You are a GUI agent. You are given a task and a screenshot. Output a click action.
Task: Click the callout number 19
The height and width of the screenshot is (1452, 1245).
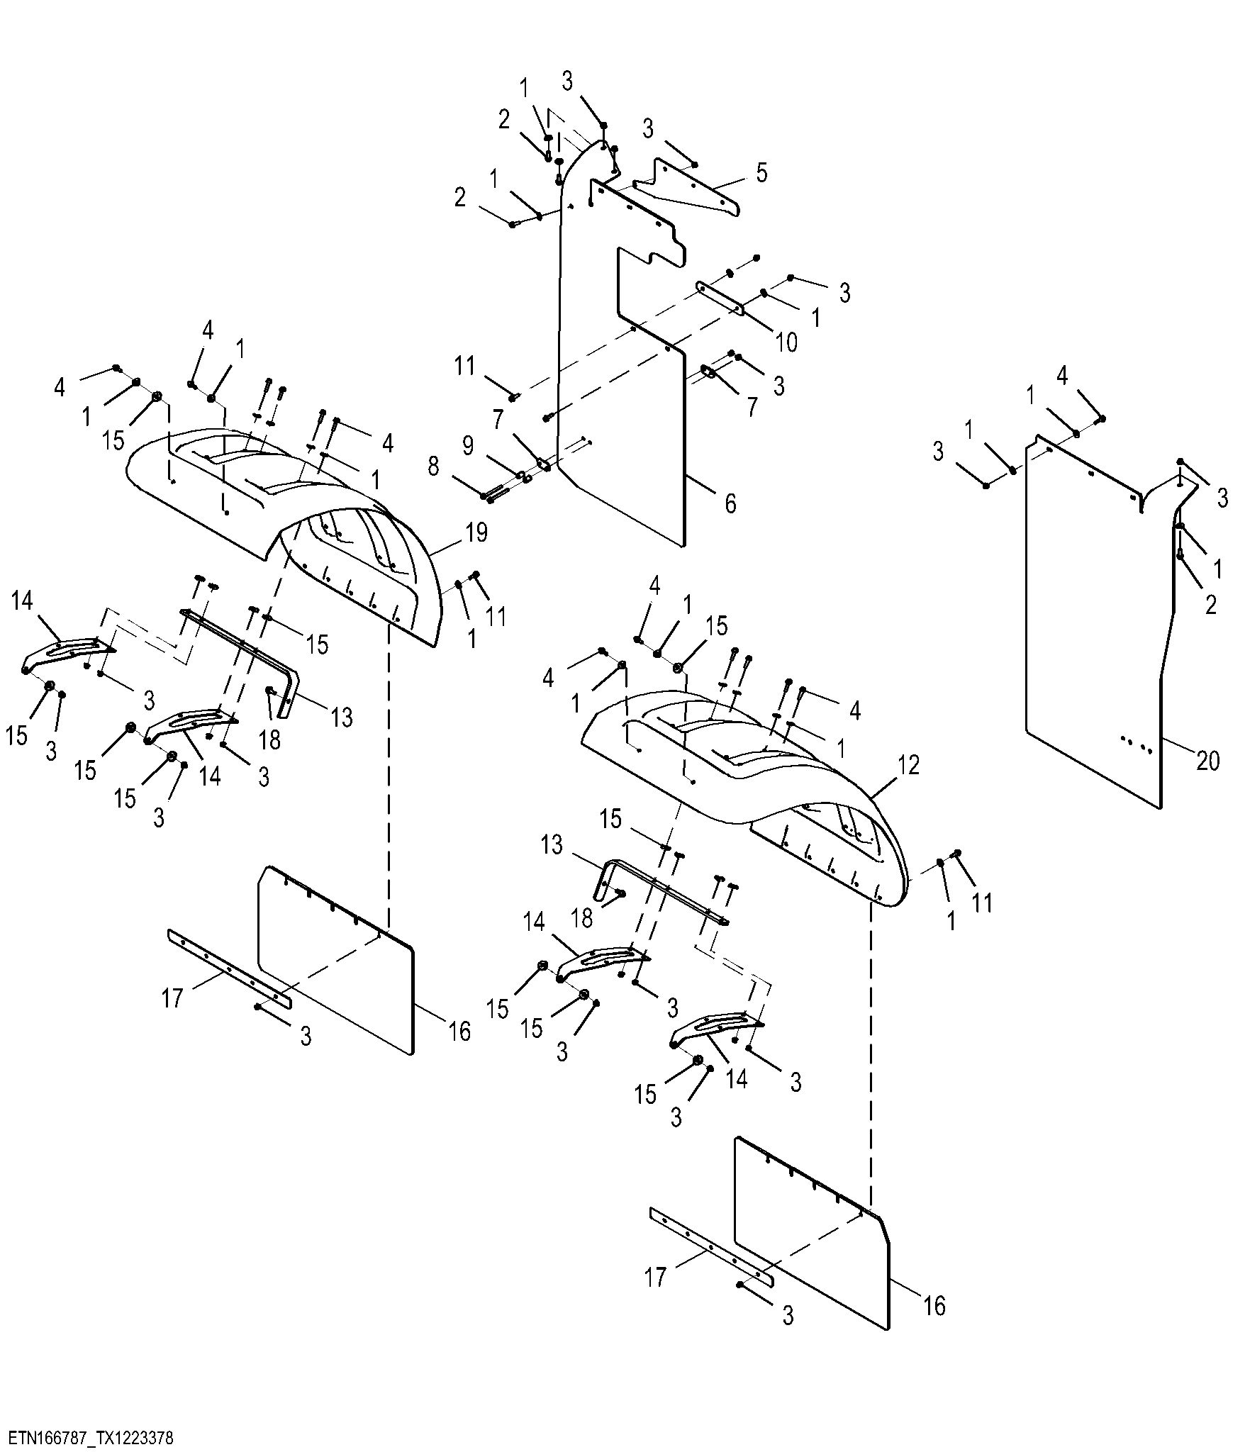click(x=477, y=532)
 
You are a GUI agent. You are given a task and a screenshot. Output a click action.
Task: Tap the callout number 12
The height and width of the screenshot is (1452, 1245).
click(x=909, y=765)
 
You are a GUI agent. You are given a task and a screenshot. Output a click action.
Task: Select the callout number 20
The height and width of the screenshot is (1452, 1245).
click(x=1208, y=761)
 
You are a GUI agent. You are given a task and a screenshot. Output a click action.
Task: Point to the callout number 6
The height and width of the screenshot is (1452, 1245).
click(x=730, y=503)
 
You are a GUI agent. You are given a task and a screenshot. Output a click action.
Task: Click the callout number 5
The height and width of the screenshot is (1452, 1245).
click(x=761, y=172)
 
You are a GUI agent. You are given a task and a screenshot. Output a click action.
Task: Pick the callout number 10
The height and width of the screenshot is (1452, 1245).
click(x=786, y=342)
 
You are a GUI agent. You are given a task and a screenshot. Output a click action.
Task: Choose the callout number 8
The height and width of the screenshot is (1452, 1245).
click(x=434, y=467)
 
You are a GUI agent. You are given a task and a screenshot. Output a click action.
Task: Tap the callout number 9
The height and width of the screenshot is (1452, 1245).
click(x=468, y=446)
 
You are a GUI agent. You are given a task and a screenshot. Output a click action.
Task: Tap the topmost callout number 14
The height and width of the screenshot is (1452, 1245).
click(x=22, y=601)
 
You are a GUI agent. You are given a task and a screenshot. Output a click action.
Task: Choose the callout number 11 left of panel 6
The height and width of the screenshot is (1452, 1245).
click(x=464, y=366)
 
